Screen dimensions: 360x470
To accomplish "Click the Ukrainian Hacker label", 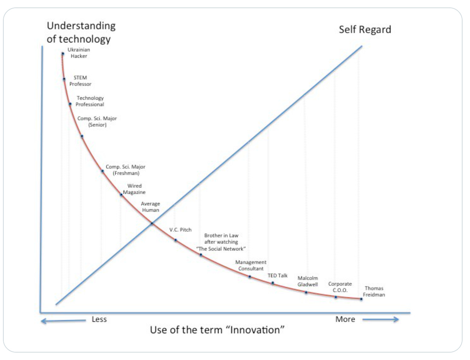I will pyautogui.click(x=79, y=53).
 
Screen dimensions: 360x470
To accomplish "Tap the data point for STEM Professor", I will pyautogui.click(x=64, y=79).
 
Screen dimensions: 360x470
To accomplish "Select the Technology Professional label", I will pyautogui.click(x=90, y=101).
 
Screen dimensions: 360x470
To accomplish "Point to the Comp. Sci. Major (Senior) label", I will pyautogui.click(x=97, y=122).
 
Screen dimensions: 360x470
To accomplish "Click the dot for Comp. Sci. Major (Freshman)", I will pyautogui.click(x=103, y=171).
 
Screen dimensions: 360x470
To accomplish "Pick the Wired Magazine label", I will pyautogui.click(x=134, y=189).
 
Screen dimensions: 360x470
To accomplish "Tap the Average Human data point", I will pyautogui.click(x=152, y=224).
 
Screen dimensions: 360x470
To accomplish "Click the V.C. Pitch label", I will pyautogui.click(x=180, y=230).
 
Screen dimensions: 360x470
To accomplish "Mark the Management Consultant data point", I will pyautogui.click(x=250, y=277).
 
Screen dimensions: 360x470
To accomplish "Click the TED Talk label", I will pyautogui.click(x=277, y=276).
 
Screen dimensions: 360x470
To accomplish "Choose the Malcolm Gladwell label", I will pyautogui.click(x=308, y=281).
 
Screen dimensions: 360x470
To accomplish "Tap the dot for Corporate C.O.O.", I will pyautogui.click(x=336, y=297).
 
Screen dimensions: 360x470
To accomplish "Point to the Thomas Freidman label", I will pyautogui.click(x=374, y=292).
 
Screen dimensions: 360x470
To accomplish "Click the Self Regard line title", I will pyautogui.click(x=365, y=30).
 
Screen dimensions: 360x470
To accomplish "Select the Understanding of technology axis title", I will pyautogui.click(x=81, y=32).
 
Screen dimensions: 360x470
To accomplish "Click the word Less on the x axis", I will pyautogui.click(x=99, y=319).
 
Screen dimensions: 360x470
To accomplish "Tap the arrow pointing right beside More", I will pyautogui.click(x=380, y=319).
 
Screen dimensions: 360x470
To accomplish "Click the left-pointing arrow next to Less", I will pyautogui.click(x=62, y=321).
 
